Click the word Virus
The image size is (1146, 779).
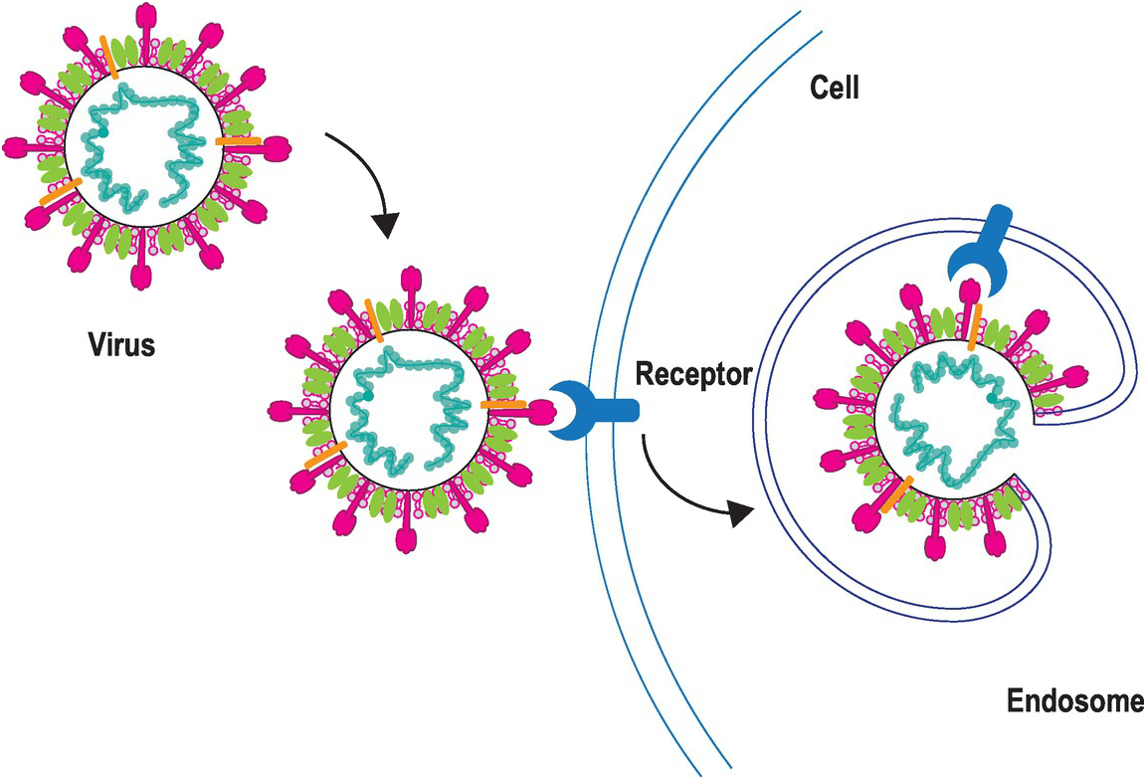coord(118,347)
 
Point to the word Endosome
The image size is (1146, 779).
coord(1074,702)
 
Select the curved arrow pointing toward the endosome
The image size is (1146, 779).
coord(686,487)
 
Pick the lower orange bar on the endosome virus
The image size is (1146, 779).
coord(896,493)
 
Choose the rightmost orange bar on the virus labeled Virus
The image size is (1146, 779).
coord(238,141)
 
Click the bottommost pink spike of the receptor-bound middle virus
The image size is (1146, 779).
coord(407,538)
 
